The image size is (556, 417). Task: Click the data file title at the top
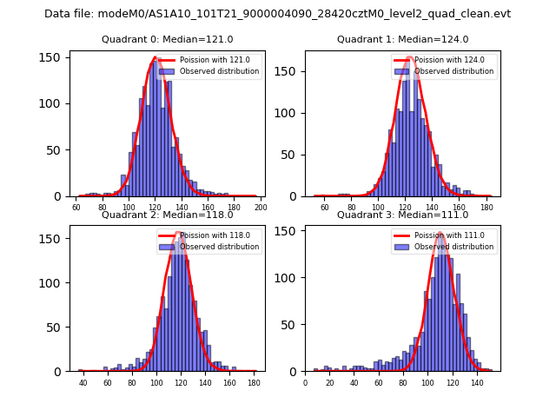click(x=278, y=14)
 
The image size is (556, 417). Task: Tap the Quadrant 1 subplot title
click(x=403, y=39)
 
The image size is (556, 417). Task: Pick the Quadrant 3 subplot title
click(x=403, y=215)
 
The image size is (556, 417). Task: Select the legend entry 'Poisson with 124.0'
click(x=449, y=60)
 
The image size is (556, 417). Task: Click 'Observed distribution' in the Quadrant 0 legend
click(x=219, y=71)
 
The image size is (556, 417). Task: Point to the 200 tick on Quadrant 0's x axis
click(x=261, y=208)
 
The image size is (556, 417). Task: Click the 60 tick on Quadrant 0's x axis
click(x=76, y=208)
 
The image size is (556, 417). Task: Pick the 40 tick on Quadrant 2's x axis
click(x=83, y=383)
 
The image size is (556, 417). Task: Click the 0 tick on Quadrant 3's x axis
click(x=305, y=383)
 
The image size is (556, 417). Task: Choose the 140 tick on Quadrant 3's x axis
click(x=476, y=383)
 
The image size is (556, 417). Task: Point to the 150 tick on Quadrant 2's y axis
click(x=56, y=238)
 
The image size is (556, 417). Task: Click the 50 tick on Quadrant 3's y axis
click(x=294, y=325)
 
